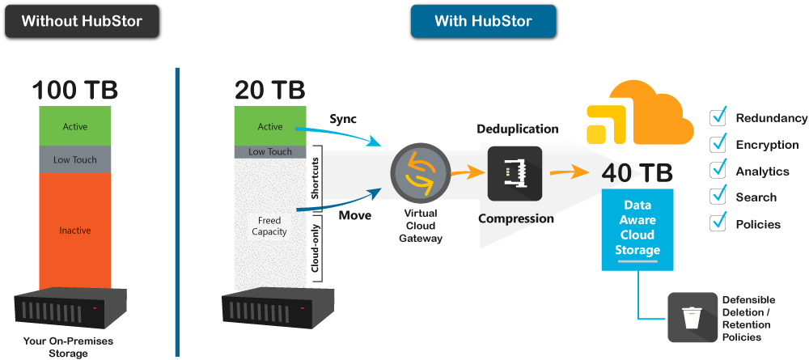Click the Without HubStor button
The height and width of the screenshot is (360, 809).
click(82, 21)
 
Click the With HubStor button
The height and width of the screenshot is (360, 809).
click(483, 21)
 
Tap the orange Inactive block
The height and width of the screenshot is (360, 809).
click(75, 231)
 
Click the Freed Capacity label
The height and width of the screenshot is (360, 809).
click(269, 226)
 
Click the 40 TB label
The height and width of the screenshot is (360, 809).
click(637, 172)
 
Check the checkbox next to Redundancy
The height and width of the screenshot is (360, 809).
click(718, 118)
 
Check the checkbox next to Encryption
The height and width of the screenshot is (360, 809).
click(718, 145)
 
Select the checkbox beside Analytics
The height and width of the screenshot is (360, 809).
click(718, 171)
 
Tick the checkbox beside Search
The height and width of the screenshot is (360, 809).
click(718, 197)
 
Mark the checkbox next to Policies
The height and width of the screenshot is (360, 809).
click(718, 223)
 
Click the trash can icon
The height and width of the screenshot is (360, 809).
click(692, 317)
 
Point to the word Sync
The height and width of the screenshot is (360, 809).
click(343, 119)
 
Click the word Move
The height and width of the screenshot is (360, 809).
click(355, 215)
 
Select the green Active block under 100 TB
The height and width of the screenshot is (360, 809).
click(75, 126)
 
